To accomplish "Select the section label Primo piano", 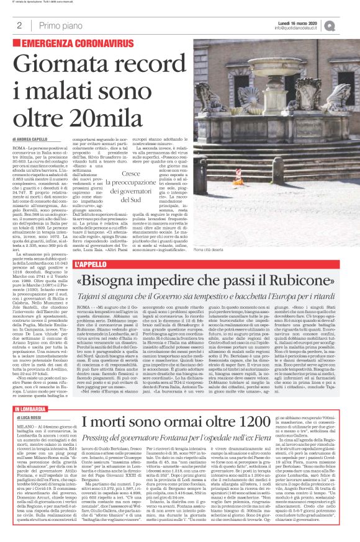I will pos(56,25).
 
